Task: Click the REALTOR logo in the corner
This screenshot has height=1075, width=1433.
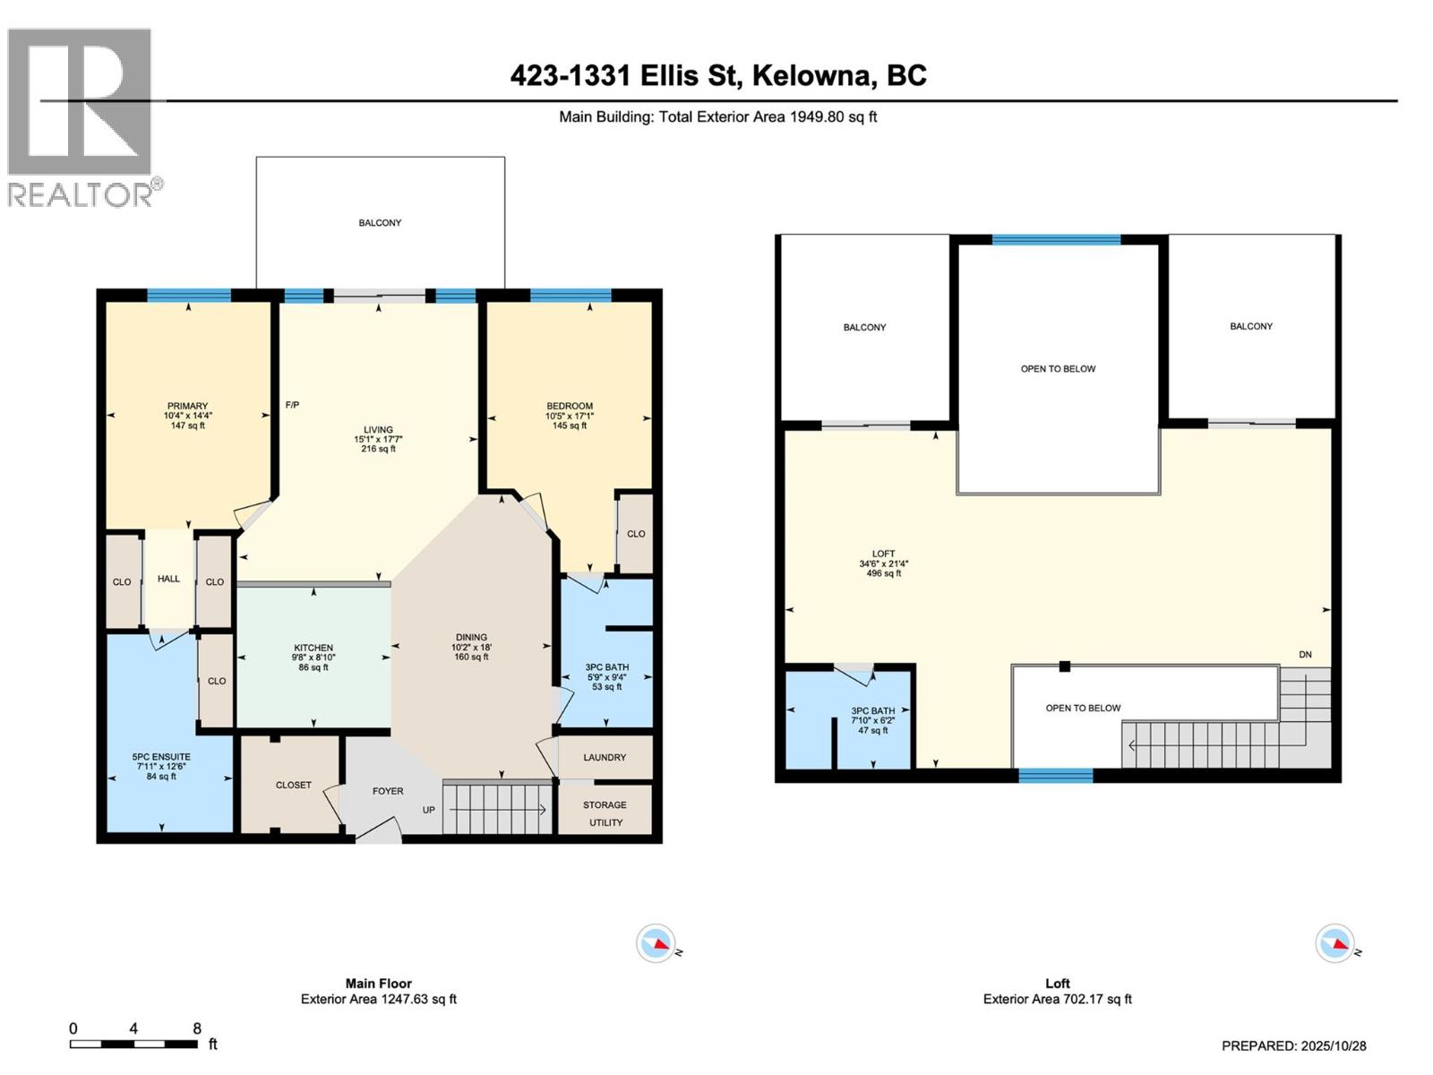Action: (x=83, y=116)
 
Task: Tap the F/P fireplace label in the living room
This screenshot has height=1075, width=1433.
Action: (x=292, y=406)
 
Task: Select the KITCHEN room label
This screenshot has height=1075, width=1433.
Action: (x=313, y=648)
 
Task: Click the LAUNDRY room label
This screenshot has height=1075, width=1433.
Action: (x=605, y=758)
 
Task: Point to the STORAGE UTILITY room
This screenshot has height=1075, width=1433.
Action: (x=605, y=813)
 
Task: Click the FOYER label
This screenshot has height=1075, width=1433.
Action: (x=388, y=791)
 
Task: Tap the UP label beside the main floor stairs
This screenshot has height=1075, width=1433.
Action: (x=429, y=810)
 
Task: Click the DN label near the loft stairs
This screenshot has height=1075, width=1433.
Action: (x=1305, y=655)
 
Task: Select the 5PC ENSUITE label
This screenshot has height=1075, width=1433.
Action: (x=161, y=757)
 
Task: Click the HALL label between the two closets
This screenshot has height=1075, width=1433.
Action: (x=168, y=579)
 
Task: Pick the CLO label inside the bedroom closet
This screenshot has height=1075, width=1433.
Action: (x=636, y=534)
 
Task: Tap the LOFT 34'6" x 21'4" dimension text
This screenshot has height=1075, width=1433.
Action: (x=883, y=563)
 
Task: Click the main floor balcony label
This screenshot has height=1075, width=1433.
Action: (x=380, y=223)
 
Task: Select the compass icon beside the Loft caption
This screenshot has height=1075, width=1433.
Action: (x=1334, y=943)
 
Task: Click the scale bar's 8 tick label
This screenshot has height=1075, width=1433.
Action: (x=197, y=1028)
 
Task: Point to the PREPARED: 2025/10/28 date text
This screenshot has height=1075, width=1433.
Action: (x=1294, y=1045)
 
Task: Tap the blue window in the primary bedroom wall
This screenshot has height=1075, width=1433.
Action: (x=189, y=295)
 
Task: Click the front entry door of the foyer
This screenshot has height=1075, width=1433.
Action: (x=380, y=830)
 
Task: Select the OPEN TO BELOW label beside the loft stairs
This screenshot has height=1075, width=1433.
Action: (x=1083, y=709)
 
